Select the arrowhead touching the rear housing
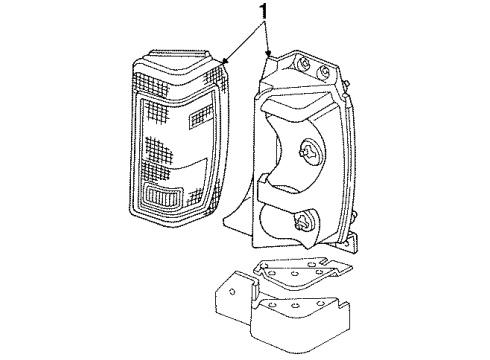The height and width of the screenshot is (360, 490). pos(269,52)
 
